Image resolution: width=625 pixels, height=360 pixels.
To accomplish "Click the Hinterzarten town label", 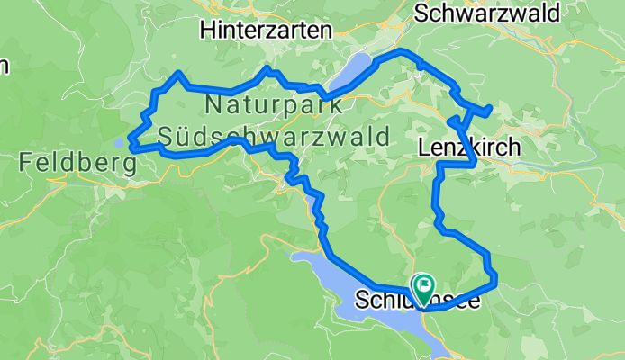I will point(266,30).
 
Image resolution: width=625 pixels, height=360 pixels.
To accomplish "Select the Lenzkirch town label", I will point(469,147).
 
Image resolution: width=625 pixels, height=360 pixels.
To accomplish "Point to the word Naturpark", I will point(273,104).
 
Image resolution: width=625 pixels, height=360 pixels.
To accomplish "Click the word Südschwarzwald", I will point(273,138).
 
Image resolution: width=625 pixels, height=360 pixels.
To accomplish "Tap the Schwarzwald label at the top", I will point(486,12).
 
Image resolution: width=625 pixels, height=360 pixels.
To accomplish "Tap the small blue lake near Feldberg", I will point(120,142).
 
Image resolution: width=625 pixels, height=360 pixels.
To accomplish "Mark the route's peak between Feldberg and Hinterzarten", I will point(179,73).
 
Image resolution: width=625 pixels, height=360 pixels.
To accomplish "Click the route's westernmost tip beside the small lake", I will point(131,143).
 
